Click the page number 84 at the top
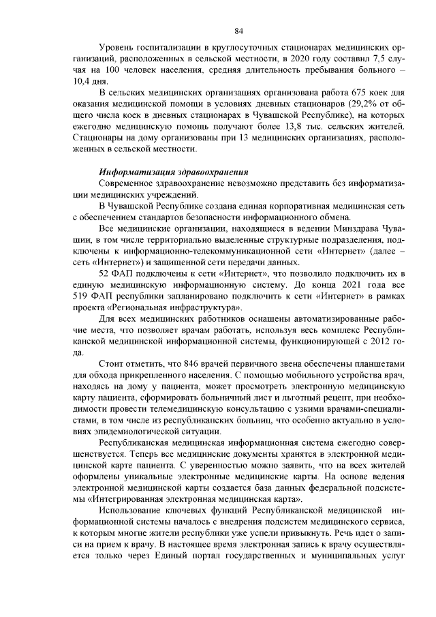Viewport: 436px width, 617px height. [239, 31]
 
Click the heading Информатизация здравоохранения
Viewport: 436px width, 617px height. [173, 172]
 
